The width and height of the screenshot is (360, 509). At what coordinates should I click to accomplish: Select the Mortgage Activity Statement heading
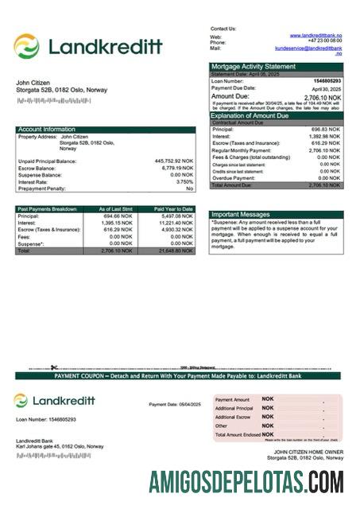click(x=254, y=66)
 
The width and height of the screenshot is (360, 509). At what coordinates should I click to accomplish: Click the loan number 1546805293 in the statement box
click(x=324, y=81)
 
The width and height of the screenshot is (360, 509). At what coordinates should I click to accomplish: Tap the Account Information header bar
click(x=47, y=129)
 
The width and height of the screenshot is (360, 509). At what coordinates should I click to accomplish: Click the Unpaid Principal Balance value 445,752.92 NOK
click(x=173, y=161)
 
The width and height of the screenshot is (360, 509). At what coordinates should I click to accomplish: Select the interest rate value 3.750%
click(x=181, y=182)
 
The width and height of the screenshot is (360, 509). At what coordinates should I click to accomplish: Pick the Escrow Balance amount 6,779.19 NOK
click(x=176, y=169)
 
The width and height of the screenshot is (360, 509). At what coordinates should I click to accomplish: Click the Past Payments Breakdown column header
click(x=48, y=208)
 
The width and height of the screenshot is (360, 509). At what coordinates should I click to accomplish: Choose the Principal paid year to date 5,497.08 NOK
click(x=176, y=216)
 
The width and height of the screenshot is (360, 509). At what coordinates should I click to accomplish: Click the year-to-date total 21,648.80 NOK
click(x=176, y=251)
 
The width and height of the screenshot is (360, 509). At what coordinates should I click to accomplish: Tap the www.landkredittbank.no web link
click(x=315, y=36)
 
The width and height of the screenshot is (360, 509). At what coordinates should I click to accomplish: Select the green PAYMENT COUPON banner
click(x=180, y=375)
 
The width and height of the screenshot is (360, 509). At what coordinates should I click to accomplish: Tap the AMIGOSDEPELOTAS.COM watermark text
click(x=246, y=483)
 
